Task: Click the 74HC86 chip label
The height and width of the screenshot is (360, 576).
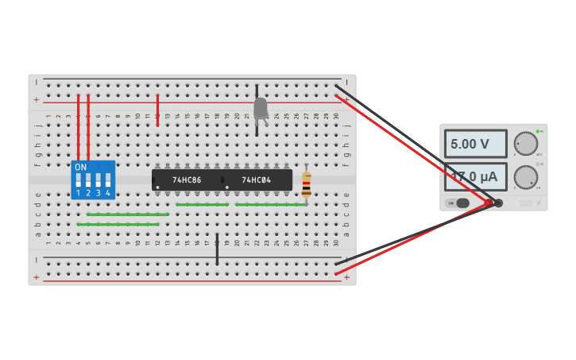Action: (x=187, y=180)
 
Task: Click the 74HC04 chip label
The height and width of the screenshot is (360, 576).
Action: (x=256, y=180)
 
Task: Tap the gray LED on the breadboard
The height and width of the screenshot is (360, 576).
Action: (x=261, y=108)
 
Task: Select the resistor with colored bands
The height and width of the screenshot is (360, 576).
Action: (x=306, y=185)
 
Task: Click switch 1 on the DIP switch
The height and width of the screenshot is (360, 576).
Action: (x=79, y=180)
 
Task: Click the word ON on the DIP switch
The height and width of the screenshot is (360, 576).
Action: (x=80, y=167)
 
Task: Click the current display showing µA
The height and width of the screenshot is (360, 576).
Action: (x=475, y=176)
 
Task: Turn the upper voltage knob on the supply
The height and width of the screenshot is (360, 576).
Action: (x=525, y=144)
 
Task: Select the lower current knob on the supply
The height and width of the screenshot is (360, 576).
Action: (x=525, y=176)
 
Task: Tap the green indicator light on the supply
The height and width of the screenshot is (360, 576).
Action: (x=538, y=131)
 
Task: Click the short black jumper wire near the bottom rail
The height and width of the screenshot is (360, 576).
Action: (x=217, y=249)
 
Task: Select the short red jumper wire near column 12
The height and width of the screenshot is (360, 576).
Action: (x=157, y=110)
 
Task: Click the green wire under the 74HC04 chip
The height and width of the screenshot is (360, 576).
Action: (x=270, y=205)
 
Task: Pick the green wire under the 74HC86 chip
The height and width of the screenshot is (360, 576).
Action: (x=202, y=205)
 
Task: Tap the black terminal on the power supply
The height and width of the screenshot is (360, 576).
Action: (x=498, y=203)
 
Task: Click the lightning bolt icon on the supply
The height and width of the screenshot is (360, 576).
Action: (x=539, y=203)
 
